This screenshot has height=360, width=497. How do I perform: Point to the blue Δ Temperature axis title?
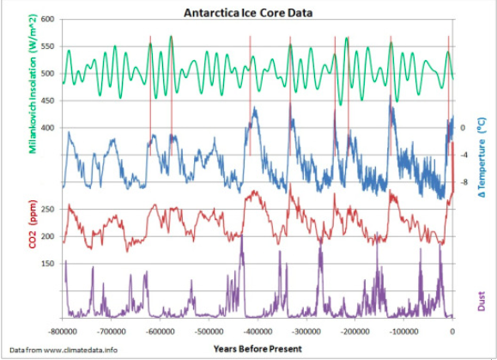483,155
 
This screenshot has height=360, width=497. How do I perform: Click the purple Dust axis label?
483,300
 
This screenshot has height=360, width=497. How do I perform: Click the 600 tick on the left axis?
47,19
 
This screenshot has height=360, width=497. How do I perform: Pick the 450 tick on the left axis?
47,101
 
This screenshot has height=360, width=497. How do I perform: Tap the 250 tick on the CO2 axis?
47,209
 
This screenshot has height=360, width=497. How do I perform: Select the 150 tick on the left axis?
47,264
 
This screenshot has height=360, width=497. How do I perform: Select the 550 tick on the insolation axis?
47,46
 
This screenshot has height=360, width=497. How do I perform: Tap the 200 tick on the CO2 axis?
47,236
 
